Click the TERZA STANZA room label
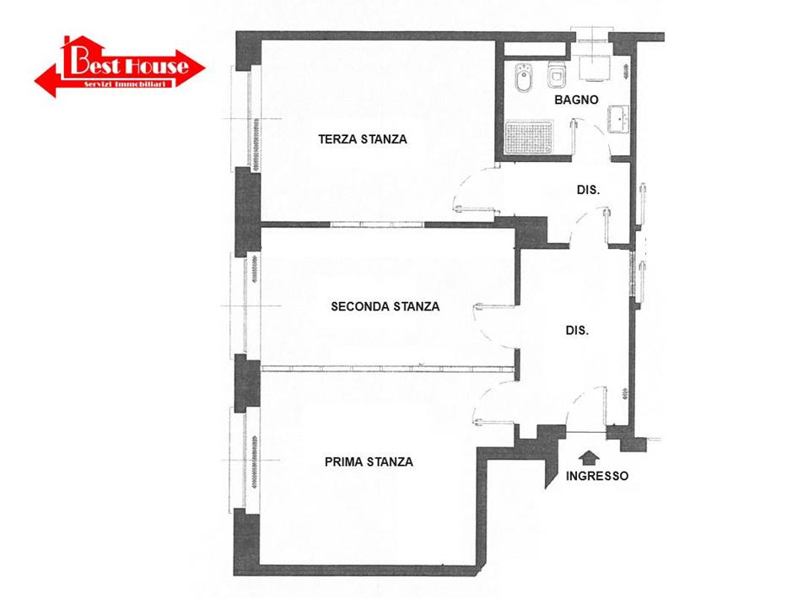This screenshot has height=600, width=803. [x=363, y=139]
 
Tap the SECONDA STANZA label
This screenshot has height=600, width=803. [x=385, y=306]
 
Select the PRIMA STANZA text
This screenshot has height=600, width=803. [x=369, y=462]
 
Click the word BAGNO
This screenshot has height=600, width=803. [x=576, y=100]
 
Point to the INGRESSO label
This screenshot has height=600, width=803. [x=597, y=476]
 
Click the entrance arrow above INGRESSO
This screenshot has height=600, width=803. [x=590, y=457]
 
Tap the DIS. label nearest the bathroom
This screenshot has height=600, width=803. [x=588, y=190]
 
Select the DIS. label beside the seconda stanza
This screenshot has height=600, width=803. [x=577, y=331]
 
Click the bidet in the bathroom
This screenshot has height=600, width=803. [x=523, y=78]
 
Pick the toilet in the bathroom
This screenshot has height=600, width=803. [x=556, y=75]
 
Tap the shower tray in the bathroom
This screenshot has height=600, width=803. [x=529, y=138]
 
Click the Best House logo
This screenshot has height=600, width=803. [x=120, y=67]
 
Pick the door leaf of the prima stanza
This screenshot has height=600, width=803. [x=494, y=422]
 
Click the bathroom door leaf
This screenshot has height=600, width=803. [x=574, y=138]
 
